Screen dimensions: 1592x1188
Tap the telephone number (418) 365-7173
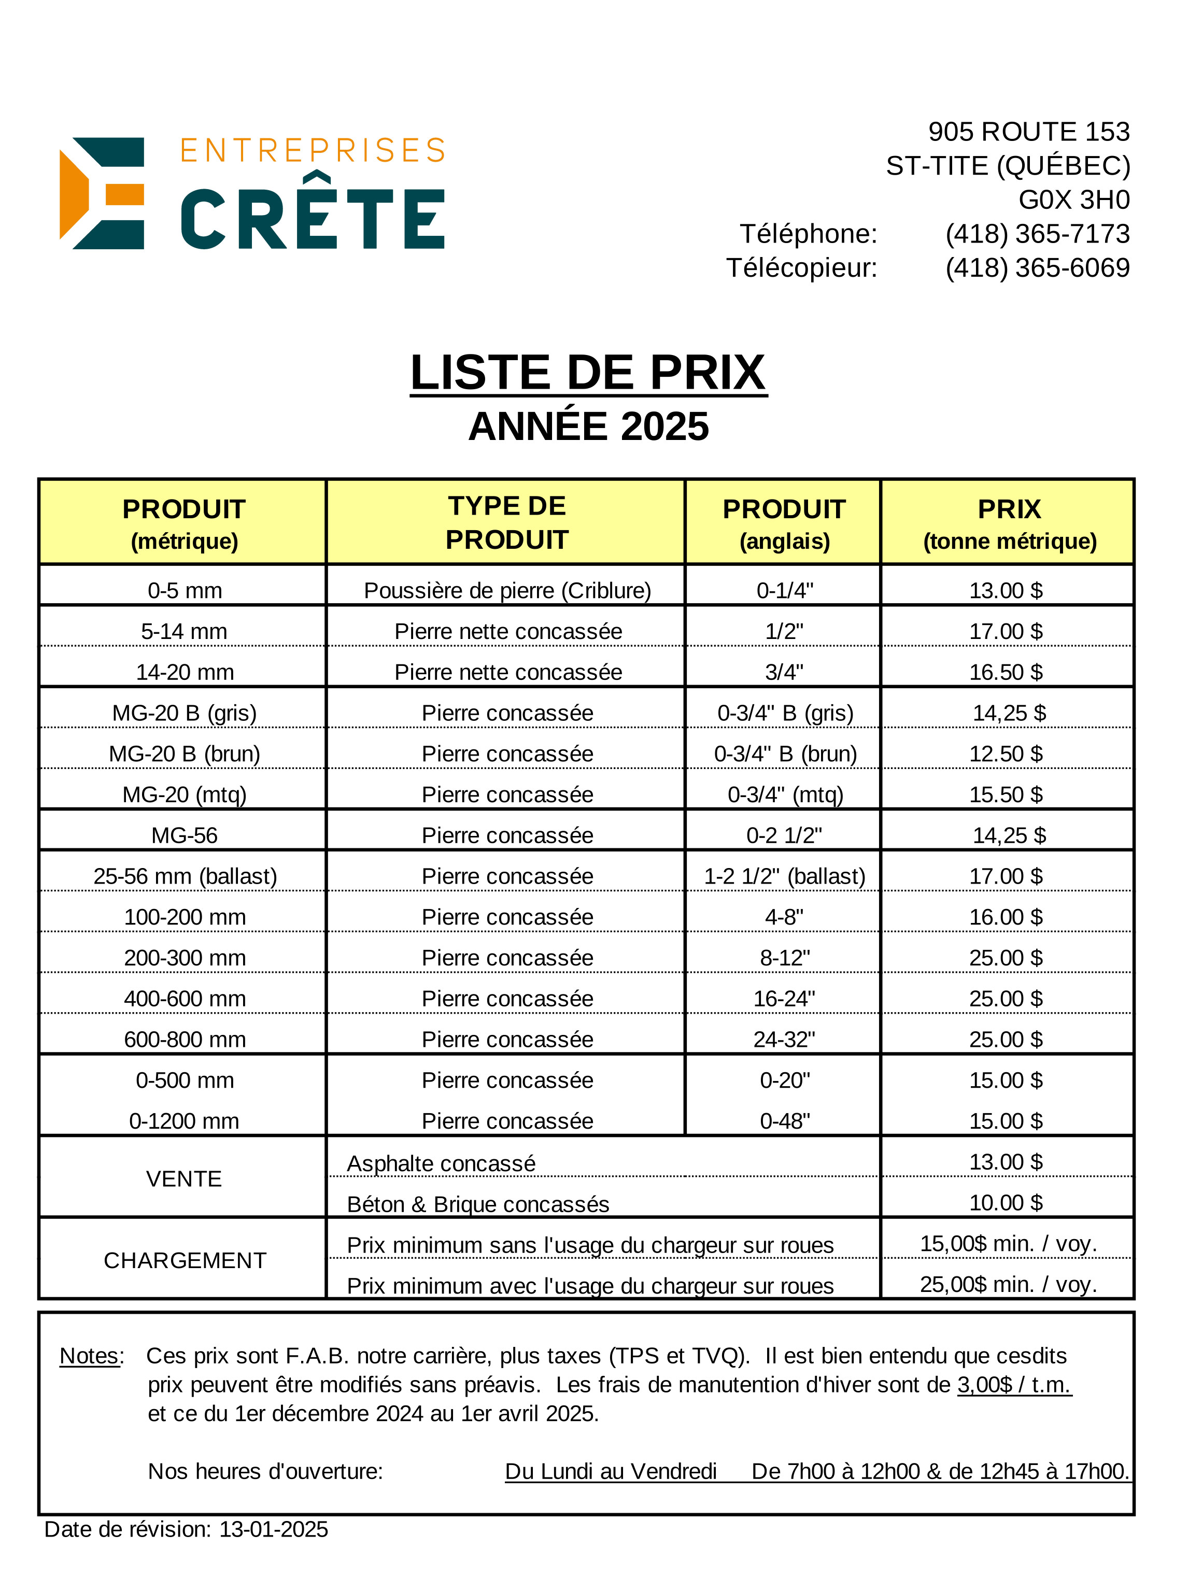(x=1037, y=234)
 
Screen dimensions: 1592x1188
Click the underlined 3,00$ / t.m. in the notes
(x=1014, y=1384)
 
